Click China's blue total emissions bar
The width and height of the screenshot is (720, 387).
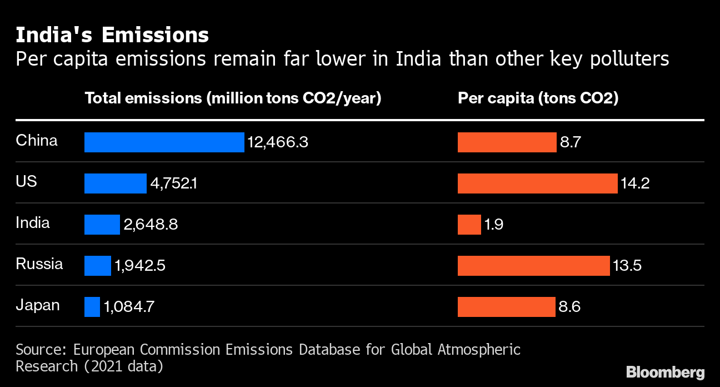click(164, 142)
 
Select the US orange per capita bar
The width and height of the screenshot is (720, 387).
click(537, 183)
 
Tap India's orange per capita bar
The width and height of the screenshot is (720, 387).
click(469, 225)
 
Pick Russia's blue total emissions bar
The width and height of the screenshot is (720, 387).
click(98, 266)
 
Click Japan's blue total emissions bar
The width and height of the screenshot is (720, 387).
click(92, 307)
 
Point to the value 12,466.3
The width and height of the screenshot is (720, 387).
click(278, 143)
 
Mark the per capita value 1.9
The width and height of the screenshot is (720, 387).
click(493, 225)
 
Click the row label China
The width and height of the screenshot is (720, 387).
click(37, 140)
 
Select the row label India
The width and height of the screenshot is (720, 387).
click(33, 222)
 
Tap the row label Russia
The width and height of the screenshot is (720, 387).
click(39, 264)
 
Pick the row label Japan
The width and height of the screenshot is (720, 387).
click(37, 305)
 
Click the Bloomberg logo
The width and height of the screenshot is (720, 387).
click(665, 372)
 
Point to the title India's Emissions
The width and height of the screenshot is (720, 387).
click(112, 35)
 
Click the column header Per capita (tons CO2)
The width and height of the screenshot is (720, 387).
click(538, 98)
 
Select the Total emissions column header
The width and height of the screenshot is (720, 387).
click(233, 98)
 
